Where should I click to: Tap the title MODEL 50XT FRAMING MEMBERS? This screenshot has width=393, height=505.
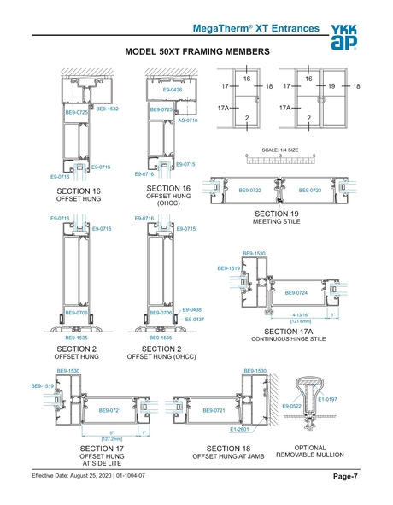pyautogui.click(x=198, y=52)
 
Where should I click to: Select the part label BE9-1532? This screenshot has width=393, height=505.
pyautogui.click(x=107, y=109)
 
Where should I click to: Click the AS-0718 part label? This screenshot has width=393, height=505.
pyautogui.click(x=188, y=120)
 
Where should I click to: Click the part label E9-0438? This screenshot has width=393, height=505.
pyautogui.click(x=192, y=309)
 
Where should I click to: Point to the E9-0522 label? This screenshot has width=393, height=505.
pyautogui.click(x=293, y=406)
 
